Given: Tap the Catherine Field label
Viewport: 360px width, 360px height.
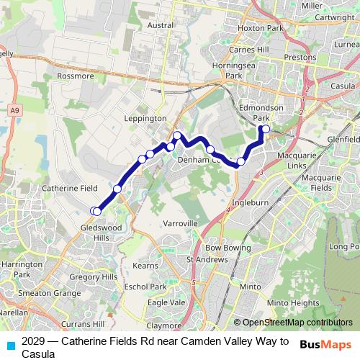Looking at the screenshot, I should [x=69, y=188].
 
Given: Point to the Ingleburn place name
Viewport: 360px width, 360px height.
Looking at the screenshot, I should [x=250, y=203].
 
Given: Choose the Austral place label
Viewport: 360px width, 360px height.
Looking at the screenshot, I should [x=160, y=24].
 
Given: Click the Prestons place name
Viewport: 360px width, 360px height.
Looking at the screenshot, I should [x=300, y=57].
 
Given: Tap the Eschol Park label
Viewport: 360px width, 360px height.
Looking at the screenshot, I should [x=154, y=287].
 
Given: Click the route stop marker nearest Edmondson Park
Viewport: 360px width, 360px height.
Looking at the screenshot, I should [x=266, y=129].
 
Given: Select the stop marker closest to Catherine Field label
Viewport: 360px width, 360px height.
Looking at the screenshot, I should [x=117, y=189].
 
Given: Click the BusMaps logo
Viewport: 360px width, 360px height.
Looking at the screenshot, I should [x=326, y=344].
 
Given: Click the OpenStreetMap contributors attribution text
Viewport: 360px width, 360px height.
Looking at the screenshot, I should [x=296, y=323].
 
